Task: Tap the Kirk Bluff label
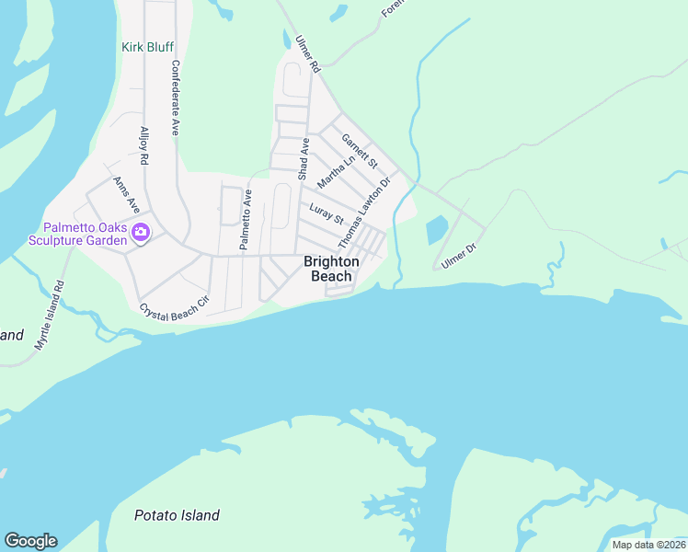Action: (147, 47)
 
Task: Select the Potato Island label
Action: (177, 515)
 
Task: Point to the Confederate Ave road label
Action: (175, 98)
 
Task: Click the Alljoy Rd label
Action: (144, 145)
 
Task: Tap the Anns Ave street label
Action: (126, 193)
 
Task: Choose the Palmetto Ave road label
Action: (246, 220)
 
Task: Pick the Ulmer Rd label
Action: (307, 54)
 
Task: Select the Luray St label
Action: (327, 214)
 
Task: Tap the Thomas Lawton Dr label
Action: (365, 212)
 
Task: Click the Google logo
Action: (30, 541)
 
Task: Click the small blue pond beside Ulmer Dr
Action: (437, 229)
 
